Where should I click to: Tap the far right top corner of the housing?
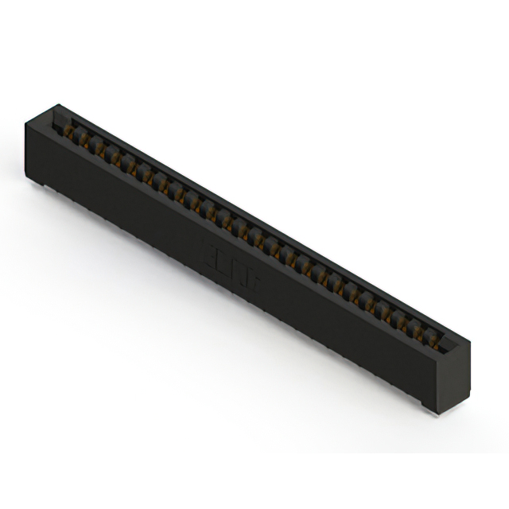click(469, 342)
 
